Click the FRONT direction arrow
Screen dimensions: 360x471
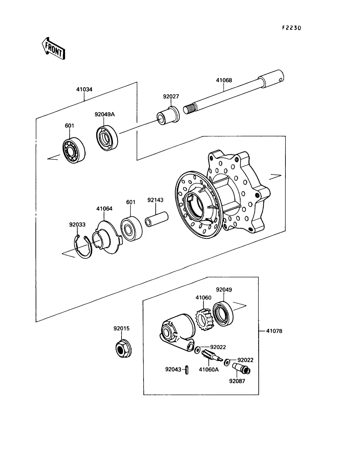coord(53,49)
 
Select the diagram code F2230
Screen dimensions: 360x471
coord(292,28)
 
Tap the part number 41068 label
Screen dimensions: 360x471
coord(224,80)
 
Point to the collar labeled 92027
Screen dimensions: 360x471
coord(168,116)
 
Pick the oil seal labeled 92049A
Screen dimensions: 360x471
coord(107,138)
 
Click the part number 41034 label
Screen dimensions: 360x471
coord(84,89)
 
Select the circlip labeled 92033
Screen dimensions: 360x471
coord(83,247)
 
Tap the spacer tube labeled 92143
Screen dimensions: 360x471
coord(157,219)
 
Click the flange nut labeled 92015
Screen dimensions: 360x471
coord(124,349)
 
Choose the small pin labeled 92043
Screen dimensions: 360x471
coord(187,370)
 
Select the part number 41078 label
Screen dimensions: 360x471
coord(274,331)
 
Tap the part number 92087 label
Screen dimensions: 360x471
coord(237,381)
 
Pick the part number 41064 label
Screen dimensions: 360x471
coord(104,209)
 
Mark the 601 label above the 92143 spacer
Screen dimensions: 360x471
coord(131,202)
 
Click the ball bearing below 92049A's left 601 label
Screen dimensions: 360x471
coord(74,150)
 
